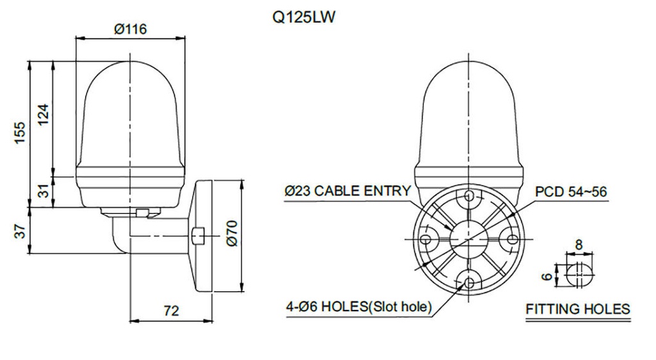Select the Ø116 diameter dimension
coord(131,29)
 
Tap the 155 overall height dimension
coord(20,133)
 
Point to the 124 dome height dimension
coord(43,115)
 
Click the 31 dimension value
coord(43,191)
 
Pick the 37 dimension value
coord(20,231)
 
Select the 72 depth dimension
coord(170,311)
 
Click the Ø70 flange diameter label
coord(232,234)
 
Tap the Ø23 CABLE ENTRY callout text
coord(347,191)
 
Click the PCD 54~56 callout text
coord(571,192)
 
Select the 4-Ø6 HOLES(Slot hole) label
coord(359,306)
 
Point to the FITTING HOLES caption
coord(578,309)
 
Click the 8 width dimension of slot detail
coord(578,244)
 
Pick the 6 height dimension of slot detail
coord(546,276)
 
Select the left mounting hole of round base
coord(425,239)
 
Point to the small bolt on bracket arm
coord(197,236)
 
